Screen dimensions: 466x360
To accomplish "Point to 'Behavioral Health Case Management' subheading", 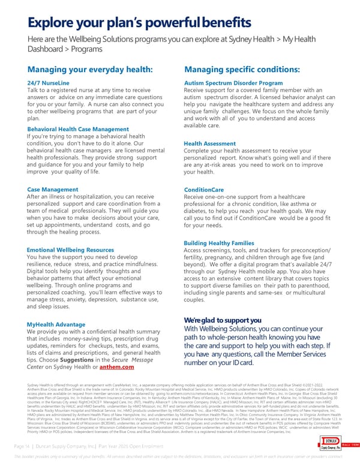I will pyautogui.click(x=78, y=129).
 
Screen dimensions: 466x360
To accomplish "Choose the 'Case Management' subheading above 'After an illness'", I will pyautogui.click(x=53, y=189).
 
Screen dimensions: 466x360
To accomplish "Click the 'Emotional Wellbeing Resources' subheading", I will pyautogui.click(x=70, y=249).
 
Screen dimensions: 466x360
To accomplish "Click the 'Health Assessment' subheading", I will pyautogui.click(x=210, y=144).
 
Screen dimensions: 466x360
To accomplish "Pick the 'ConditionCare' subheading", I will pyautogui.click(x=204, y=189).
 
